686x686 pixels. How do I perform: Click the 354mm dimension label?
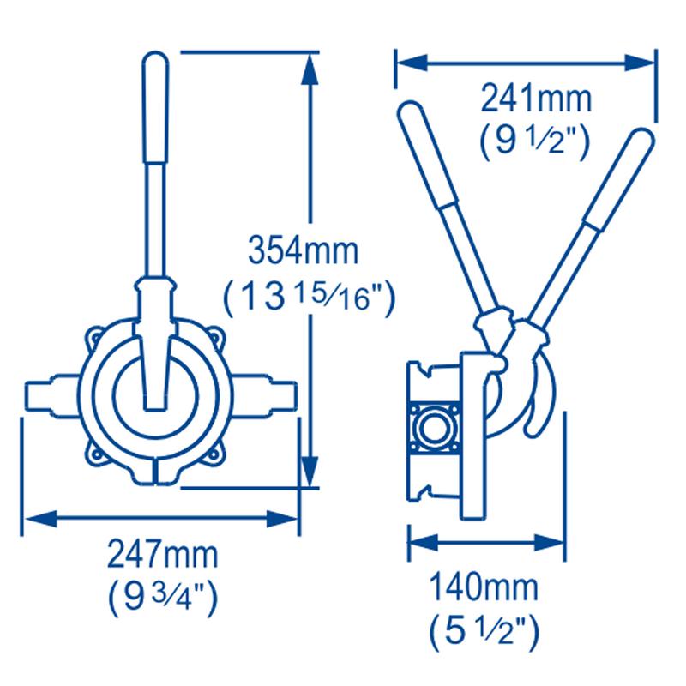[x=304, y=250]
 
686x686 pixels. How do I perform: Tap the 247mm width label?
[x=163, y=555]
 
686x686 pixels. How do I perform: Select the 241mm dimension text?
[x=536, y=99]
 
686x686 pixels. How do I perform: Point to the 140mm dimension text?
[x=484, y=588]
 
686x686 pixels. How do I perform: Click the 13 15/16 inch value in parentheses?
[x=310, y=297]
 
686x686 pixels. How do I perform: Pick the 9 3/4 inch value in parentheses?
[x=163, y=598]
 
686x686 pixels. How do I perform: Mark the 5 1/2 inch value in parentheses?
[x=484, y=632]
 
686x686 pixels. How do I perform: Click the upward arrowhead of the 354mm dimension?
[x=310, y=70]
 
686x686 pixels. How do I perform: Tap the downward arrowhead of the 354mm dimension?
[x=310, y=470]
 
